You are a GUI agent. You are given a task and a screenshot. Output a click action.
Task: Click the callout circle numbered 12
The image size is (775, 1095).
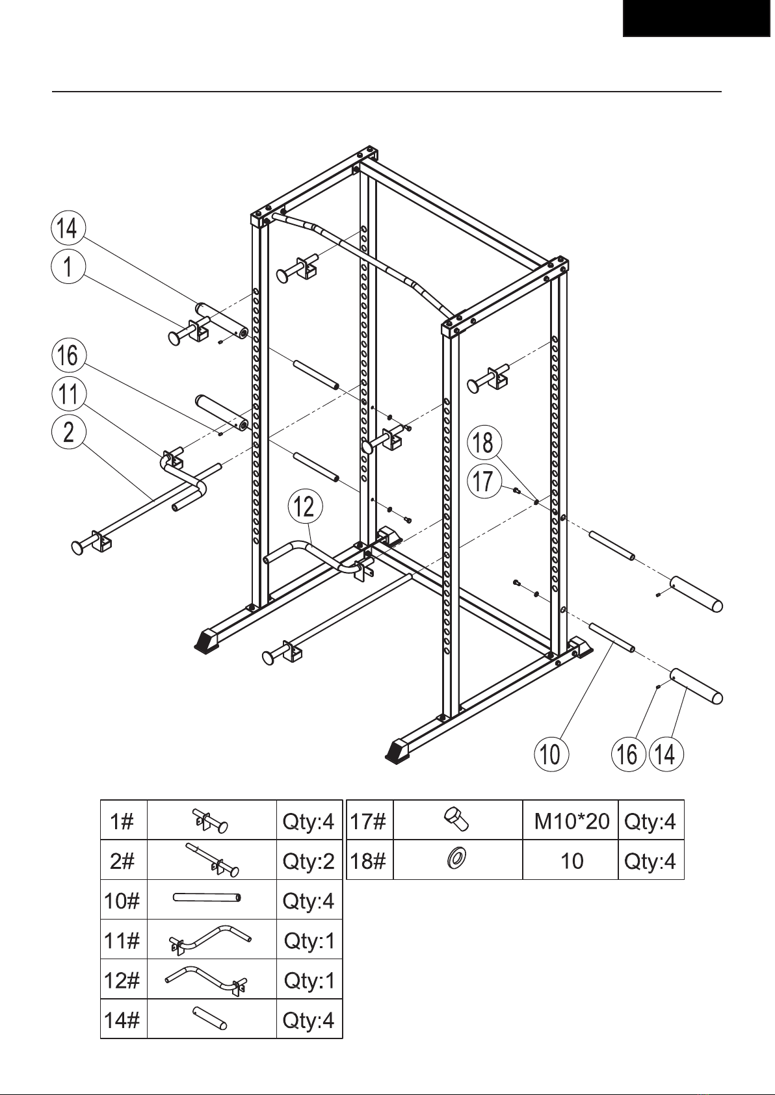click(x=305, y=506)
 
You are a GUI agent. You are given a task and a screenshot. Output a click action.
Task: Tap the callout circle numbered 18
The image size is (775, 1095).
click(x=484, y=443)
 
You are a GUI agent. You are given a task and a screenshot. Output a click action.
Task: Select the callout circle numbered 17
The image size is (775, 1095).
click(x=484, y=481)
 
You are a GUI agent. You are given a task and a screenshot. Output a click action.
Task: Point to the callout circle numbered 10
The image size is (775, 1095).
click(x=551, y=754)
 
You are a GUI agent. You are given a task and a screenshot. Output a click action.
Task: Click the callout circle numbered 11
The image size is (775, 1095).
click(x=69, y=394)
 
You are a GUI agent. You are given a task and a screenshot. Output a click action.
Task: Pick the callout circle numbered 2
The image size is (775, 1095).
click(x=69, y=432)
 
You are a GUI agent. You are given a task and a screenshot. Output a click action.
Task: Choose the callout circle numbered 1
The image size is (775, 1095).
click(x=68, y=266)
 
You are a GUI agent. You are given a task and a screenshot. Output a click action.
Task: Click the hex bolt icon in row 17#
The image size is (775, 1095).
click(x=456, y=819)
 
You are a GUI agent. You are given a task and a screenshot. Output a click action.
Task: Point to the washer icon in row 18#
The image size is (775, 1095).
click(x=456, y=858)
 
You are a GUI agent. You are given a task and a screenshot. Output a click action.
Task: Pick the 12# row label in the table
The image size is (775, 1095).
click(x=122, y=979)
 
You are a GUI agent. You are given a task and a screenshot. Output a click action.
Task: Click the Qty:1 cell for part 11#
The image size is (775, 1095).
click(x=309, y=940)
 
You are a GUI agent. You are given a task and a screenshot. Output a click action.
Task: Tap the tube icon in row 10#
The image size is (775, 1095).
click(x=207, y=897)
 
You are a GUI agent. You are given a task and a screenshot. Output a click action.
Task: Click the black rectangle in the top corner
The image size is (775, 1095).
click(x=696, y=18)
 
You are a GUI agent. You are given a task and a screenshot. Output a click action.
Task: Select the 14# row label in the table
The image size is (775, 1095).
click(x=122, y=1020)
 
